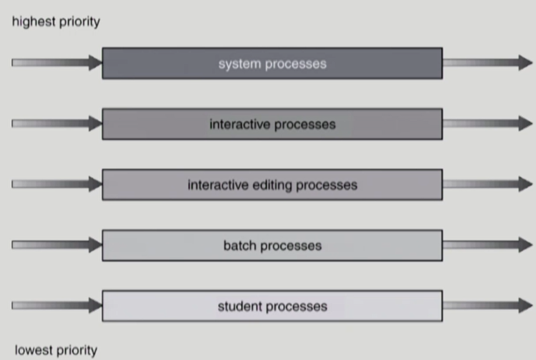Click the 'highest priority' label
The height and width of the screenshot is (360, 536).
56,22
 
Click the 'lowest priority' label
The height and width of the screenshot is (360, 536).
56,351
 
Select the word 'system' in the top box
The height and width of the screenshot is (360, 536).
239,64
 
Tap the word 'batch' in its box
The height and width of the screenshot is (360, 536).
239,245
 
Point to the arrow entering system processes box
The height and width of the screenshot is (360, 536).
56,62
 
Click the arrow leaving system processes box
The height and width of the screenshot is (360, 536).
488,62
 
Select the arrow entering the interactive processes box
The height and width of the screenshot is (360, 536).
56,124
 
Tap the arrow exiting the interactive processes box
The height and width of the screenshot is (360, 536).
488,124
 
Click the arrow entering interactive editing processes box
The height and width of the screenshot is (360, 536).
56,184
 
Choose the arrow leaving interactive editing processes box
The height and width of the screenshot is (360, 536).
488,184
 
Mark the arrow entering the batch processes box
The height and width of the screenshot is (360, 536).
56,245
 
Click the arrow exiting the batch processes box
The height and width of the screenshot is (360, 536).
488,245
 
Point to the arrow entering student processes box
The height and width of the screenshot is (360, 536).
56,305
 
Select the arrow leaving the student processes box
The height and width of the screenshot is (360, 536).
488,305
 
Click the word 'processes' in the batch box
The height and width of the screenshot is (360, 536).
291,246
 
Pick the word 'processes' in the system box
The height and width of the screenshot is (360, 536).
296,64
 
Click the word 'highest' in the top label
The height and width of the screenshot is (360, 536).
34,22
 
